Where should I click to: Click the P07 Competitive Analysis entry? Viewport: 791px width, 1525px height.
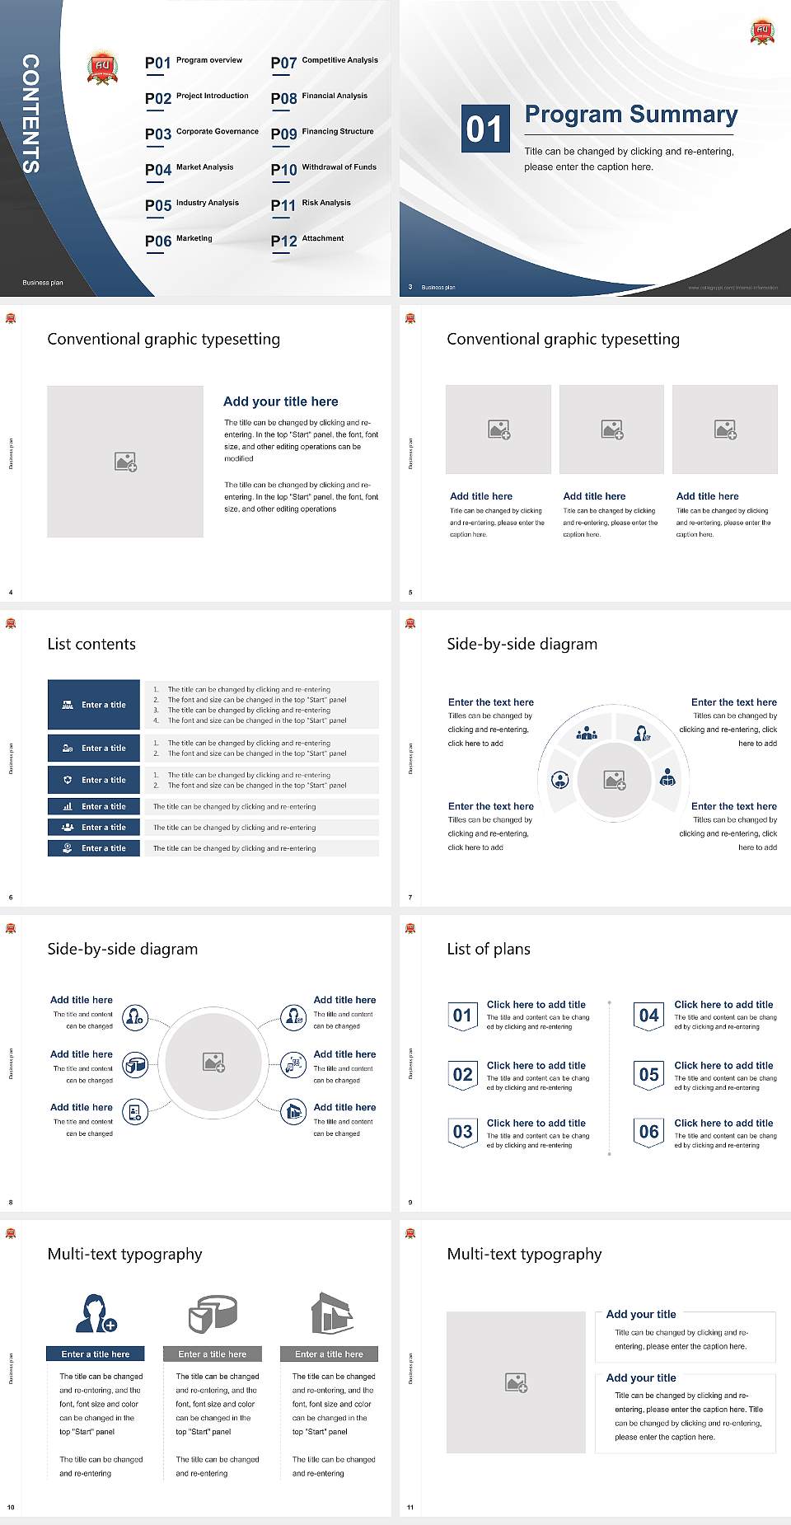click(324, 62)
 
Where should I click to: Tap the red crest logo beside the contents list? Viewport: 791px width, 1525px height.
click(102, 68)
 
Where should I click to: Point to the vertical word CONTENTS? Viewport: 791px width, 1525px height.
click(30, 114)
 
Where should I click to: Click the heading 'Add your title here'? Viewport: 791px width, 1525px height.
click(280, 401)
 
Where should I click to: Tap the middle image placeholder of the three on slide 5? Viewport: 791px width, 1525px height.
click(611, 429)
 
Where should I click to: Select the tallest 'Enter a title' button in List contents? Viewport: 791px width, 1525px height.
click(94, 705)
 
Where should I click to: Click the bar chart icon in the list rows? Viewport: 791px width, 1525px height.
click(68, 807)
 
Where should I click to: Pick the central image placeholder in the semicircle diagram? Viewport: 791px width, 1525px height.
click(614, 780)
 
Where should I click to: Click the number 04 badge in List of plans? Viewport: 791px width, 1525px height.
click(649, 1016)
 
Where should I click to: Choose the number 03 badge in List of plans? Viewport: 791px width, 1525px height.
click(462, 1133)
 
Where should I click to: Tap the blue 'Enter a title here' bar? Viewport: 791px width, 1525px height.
click(95, 1354)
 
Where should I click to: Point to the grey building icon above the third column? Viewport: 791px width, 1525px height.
click(332, 1313)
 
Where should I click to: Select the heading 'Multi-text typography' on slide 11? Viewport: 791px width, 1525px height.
click(524, 1254)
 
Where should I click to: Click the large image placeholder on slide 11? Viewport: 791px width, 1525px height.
click(516, 1382)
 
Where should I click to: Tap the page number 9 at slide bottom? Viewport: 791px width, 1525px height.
click(410, 1202)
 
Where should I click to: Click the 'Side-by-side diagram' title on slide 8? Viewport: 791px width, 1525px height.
click(122, 949)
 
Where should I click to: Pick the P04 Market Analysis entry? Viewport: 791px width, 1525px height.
click(190, 169)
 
